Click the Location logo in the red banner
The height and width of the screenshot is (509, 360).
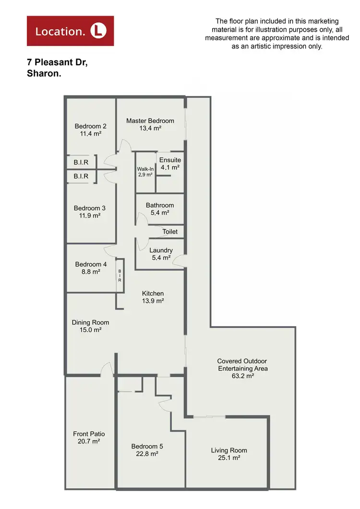pos(70,31)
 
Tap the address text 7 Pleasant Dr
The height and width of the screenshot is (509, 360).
pos(57,63)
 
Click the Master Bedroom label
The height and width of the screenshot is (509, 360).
pos(150,120)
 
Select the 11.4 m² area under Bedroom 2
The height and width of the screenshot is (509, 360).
pos(91,134)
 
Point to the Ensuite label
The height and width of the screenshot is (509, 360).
pos(170,160)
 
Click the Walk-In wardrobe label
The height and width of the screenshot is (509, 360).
pos(144,169)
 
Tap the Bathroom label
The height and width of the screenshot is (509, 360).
pos(160,205)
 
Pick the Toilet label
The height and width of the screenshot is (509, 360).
pos(170,232)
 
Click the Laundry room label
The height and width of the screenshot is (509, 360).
pos(161,250)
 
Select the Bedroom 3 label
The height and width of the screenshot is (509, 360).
pos(90,208)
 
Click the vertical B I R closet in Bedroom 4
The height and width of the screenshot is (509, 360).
pos(120,276)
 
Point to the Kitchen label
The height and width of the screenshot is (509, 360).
pos(153,294)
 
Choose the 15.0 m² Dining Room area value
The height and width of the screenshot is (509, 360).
pos(91,330)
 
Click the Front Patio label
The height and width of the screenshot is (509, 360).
pos(89,434)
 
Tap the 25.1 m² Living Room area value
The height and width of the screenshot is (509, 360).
pos(229,458)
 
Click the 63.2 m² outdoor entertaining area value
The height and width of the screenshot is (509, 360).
pos(242,377)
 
